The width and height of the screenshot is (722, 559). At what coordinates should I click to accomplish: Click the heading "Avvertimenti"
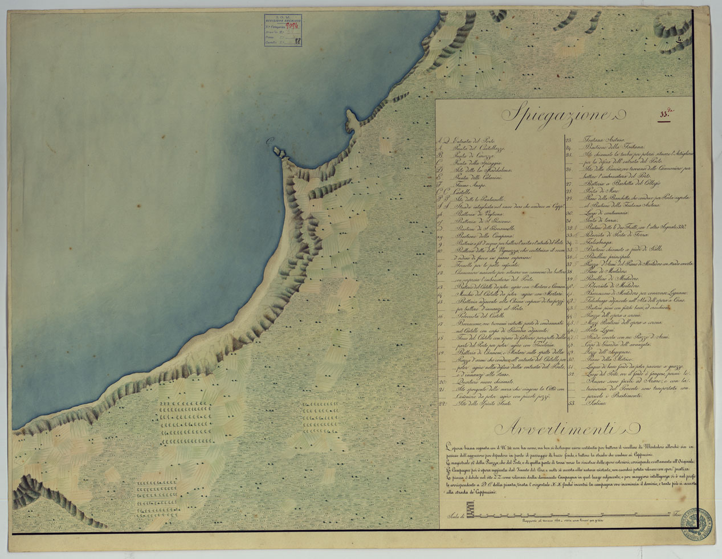(562, 427)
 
